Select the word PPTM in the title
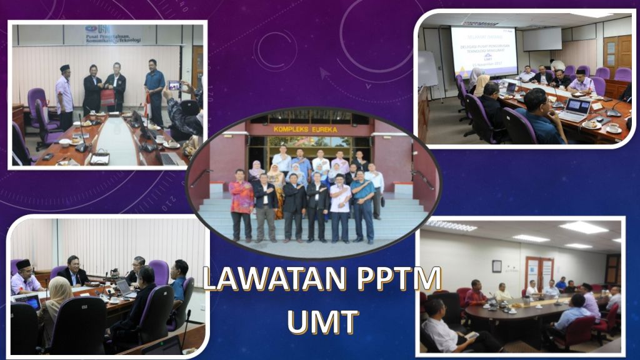click(398, 279)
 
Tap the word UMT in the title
click(322, 321)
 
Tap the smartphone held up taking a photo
click(174, 86)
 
